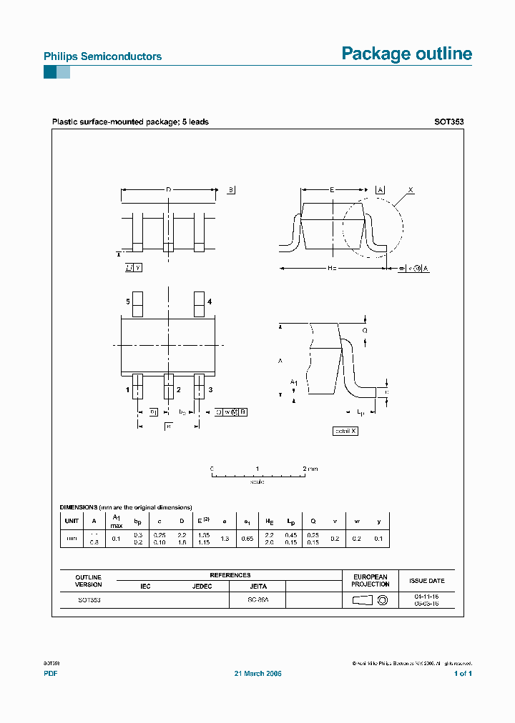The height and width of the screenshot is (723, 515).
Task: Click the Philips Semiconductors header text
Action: tap(102, 56)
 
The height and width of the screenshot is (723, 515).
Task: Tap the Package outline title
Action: tap(406, 54)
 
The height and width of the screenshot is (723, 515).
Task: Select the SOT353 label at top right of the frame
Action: tap(448, 122)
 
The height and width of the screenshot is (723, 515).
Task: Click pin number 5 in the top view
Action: tap(128, 302)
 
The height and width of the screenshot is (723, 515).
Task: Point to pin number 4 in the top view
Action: tap(210, 302)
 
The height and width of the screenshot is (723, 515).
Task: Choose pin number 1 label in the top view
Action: tap(128, 389)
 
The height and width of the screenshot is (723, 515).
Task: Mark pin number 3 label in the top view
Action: tap(210, 389)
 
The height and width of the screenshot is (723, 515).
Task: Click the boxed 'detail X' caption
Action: tap(345, 431)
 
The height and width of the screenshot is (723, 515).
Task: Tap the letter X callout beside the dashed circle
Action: tap(411, 190)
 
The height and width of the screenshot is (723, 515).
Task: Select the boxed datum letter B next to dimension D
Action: tap(232, 189)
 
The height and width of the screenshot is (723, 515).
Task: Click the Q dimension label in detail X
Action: tap(365, 331)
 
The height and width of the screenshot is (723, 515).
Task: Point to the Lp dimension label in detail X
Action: tap(361, 412)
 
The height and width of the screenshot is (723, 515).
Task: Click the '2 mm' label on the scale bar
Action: tap(310, 469)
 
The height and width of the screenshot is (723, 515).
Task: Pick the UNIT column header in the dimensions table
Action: tap(72, 521)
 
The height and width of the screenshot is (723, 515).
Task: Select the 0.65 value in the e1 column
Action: tap(247, 539)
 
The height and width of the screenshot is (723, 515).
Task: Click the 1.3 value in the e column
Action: tap(225, 539)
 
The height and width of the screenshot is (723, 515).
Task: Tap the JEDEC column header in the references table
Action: tap(202, 586)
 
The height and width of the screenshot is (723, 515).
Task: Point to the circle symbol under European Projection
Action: tap(382, 601)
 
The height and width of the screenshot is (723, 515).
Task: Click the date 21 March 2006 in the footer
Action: tap(258, 674)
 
